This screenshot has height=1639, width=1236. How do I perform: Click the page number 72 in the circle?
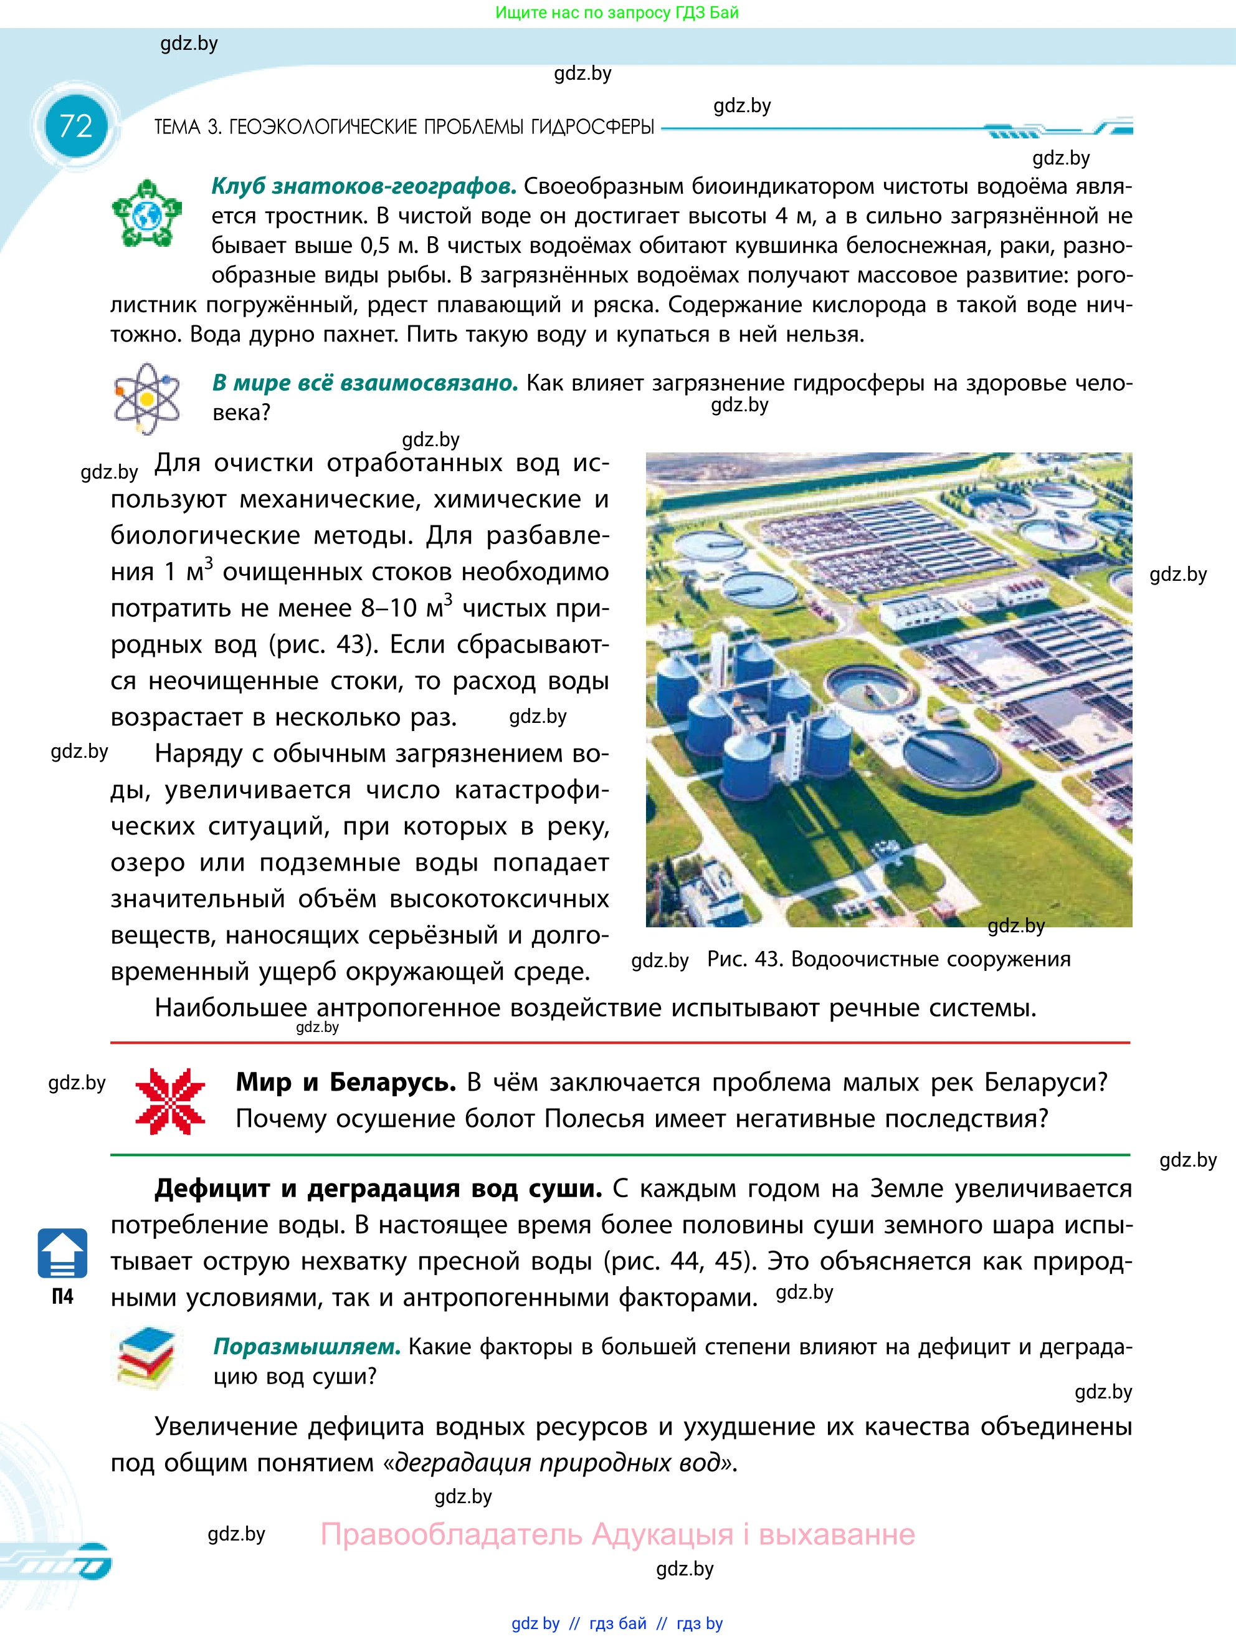click(75, 127)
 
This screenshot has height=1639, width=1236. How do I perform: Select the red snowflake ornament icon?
click(170, 1101)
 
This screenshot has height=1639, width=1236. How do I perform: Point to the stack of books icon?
click(146, 1357)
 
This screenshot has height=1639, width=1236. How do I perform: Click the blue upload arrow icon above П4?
click(62, 1253)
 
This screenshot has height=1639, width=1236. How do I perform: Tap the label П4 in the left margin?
click(62, 1297)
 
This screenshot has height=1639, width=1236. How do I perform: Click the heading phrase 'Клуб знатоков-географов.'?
click(364, 186)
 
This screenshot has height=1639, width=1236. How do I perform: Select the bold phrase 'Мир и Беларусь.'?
click(346, 1082)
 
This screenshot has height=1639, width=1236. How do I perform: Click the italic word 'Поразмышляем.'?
click(307, 1346)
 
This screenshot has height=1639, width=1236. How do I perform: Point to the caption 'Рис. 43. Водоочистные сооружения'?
click(888, 960)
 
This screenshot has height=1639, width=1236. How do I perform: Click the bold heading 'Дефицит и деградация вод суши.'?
click(378, 1188)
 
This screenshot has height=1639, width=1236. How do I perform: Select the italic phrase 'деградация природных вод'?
click(558, 1463)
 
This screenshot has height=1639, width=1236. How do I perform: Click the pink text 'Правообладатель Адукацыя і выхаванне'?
click(617, 1534)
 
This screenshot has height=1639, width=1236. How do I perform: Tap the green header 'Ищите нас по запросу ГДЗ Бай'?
click(617, 12)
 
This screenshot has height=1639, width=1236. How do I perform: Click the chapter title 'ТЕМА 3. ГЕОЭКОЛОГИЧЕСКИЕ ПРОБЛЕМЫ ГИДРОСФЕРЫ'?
click(404, 128)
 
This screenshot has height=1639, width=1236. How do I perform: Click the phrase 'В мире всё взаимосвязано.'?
click(365, 383)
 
